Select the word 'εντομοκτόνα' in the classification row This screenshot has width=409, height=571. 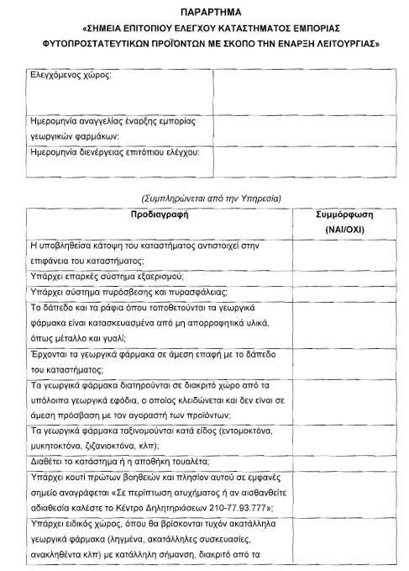[x=234, y=430]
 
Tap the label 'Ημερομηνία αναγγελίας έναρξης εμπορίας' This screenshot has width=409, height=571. [x=112, y=121]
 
